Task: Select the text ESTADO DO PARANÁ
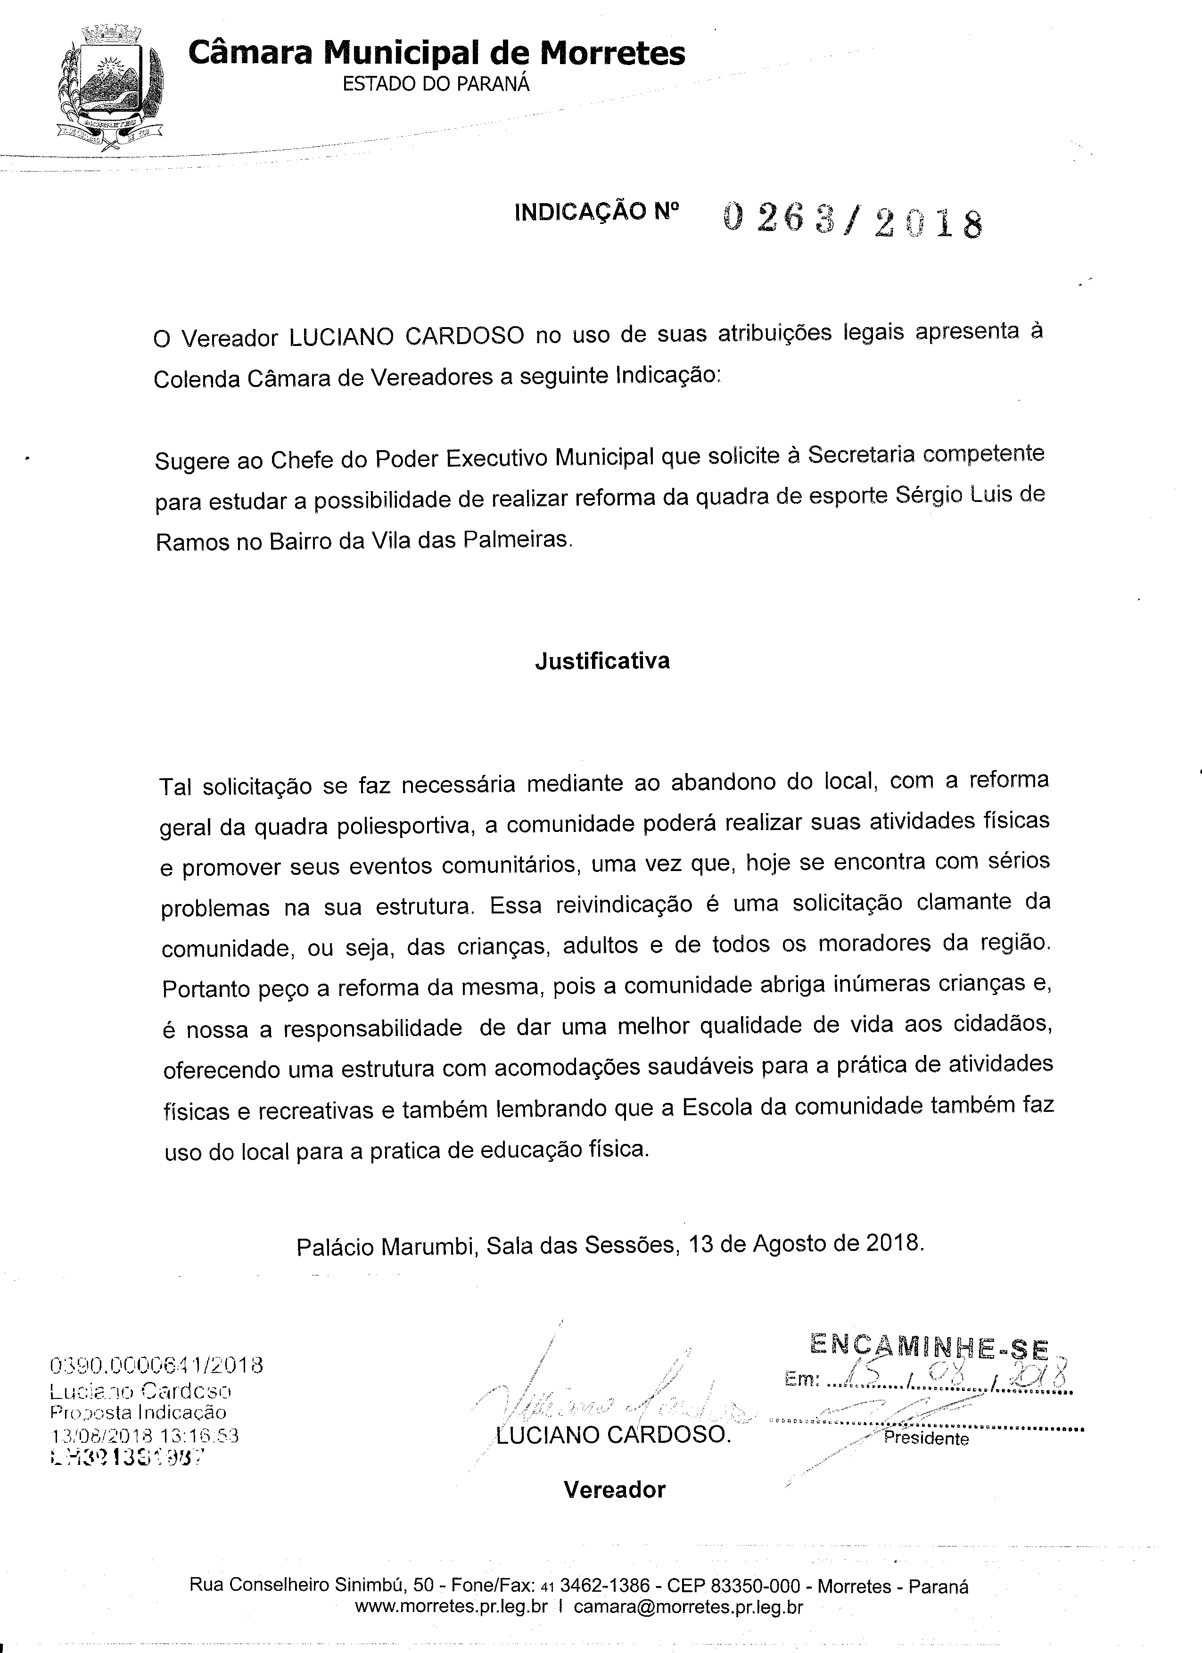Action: point(436,84)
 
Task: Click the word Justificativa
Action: point(602,661)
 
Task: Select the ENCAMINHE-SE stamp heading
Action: point(929,1348)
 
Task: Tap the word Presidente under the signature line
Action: point(926,1438)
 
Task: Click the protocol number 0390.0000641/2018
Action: point(156,1365)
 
